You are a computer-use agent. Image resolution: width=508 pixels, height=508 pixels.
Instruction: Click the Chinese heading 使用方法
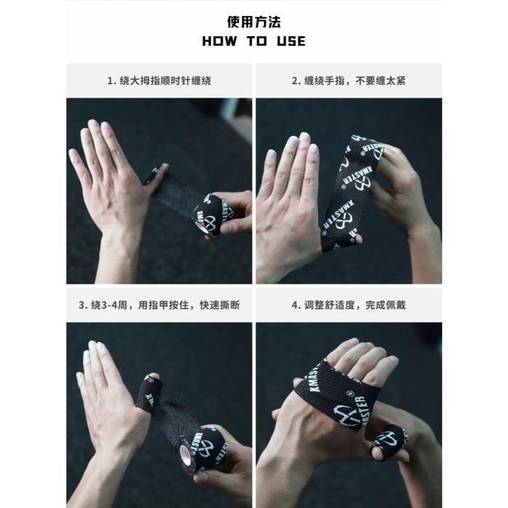click(254, 22)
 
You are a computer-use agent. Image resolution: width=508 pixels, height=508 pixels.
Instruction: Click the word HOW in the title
click(219, 41)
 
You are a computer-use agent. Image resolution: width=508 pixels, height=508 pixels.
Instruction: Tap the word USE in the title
click(291, 41)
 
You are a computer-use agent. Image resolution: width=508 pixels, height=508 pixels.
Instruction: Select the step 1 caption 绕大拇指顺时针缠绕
click(159, 81)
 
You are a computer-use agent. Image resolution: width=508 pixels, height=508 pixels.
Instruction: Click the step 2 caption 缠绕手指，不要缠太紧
click(348, 81)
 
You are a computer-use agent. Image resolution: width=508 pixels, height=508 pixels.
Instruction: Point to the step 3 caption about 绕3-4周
click(159, 306)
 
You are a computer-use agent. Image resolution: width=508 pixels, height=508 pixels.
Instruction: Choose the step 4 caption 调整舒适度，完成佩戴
click(348, 306)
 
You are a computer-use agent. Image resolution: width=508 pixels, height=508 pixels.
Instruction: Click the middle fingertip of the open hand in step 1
click(93, 125)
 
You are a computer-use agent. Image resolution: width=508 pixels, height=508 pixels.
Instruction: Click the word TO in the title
click(257, 41)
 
